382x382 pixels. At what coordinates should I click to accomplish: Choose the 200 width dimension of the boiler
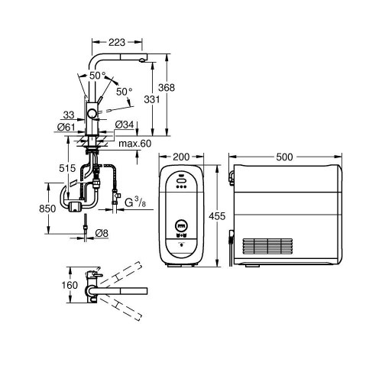(x=182, y=157)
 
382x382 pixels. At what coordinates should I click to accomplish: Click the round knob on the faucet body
(x=92, y=112)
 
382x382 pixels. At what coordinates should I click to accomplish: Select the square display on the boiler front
(x=181, y=226)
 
